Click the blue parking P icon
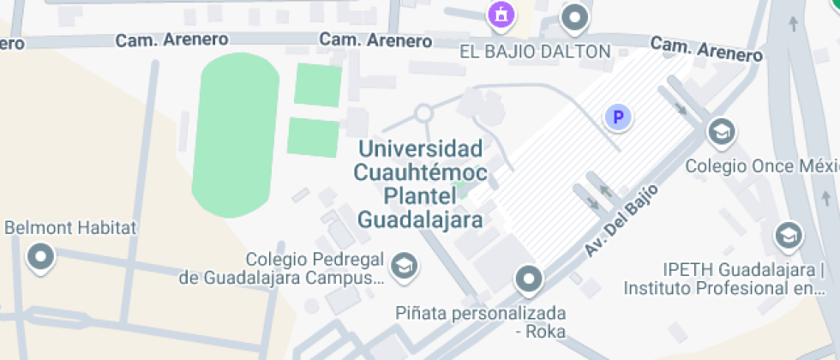(617, 117)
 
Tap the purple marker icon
(500, 14)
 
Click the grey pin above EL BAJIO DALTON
(575, 15)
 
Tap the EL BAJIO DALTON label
(535, 51)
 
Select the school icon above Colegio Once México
(722, 132)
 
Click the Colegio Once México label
(761, 166)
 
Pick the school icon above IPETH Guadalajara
(787, 234)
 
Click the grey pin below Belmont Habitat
(40, 256)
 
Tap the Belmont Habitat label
(71, 228)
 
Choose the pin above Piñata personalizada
(529, 278)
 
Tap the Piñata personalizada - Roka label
(480, 321)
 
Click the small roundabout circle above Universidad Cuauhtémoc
(423, 113)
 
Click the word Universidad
(420, 148)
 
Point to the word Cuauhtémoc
(420, 172)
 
